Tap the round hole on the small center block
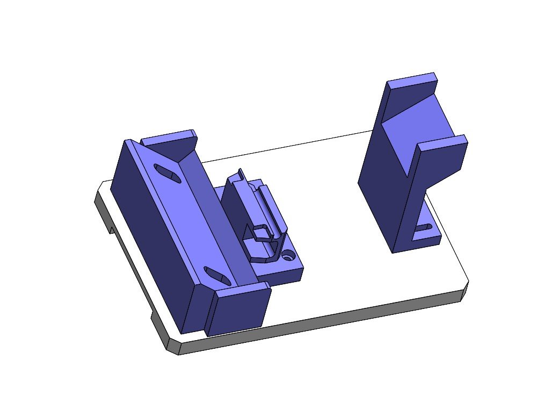289,255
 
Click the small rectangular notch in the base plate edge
111,230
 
